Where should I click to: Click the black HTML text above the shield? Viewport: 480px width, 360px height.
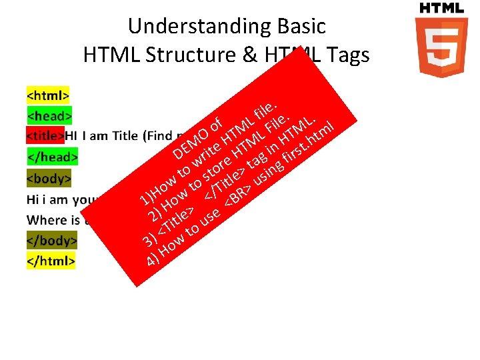(x=441, y=8)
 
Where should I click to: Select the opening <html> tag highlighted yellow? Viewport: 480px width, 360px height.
(x=48, y=93)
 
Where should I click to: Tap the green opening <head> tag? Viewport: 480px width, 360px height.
(x=49, y=115)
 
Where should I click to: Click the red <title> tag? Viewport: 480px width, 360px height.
(x=45, y=136)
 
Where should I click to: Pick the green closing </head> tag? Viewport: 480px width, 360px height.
(x=52, y=157)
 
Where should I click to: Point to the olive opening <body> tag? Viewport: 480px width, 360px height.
(x=49, y=179)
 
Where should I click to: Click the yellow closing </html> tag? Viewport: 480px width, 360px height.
(x=51, y=260)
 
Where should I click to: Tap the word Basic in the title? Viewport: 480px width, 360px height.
(x=298, y=26)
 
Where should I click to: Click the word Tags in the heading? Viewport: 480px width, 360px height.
(x=347, y=55)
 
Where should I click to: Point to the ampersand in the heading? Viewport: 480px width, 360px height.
(x=250, y=55)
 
